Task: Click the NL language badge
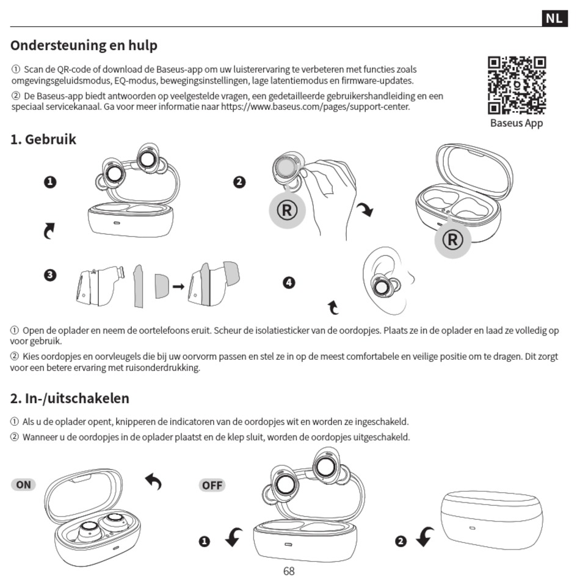pyautogui.click(x=553, y=18)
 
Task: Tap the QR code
pyautogui.click(x=517, y=85)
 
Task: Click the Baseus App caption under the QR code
pyautogui.click(x=517, y=123)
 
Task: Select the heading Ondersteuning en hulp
pyautogui.click(x=84, y=46)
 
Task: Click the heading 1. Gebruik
pyautogui.click(x=43, y=139)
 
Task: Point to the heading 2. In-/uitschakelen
pyautogui.click(x=70, y=398)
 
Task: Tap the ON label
pyautogui.click(x=23, y=485)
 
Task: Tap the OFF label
pyautogui.click(x=212, y=485)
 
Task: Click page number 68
pyautogui.click(x=289, y=571)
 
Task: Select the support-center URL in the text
pyautogui.click(x=315, y=107)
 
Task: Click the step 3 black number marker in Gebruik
pyautogui.click(x=51, y=275)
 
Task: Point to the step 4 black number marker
pyautogui.click(x=289, y=282)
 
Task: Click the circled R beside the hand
pyautogui.click(x=288, y=210)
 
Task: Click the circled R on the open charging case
pyautogui.click(x=452, y=239)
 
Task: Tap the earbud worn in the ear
pyautogui.click(x=383, y=287)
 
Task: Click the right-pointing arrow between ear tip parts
pyautogui.click(x=178, y=285)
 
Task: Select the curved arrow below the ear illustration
pyautogui.click(x=333, y=307)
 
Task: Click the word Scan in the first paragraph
pyautogui.click(x=32, y=70)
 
